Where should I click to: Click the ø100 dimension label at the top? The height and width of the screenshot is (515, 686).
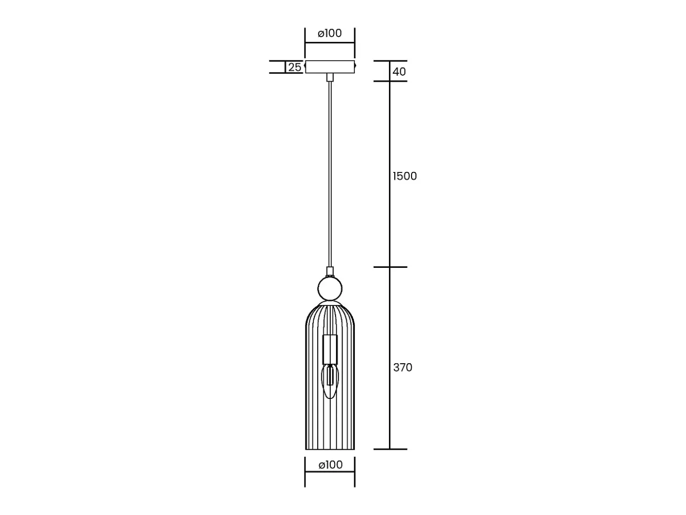(330, 33)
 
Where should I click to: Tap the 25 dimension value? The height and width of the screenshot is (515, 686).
(295, 67)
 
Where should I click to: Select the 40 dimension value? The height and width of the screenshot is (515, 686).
(399, 72)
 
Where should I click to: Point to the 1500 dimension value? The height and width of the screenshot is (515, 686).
(405, 176)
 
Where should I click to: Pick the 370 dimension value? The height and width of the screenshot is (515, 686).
(403, 367)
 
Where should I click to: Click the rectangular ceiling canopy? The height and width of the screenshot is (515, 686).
(330, 67)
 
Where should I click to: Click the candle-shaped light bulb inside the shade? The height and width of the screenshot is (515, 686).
(330, 381)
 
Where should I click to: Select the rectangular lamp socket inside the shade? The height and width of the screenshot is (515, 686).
(330, 350)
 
